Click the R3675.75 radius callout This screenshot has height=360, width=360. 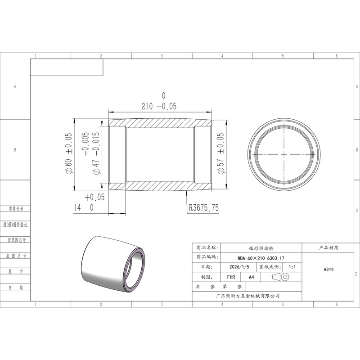tap(204, 208)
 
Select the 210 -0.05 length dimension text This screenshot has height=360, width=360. tap(159, 106)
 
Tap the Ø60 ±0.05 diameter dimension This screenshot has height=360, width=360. tap(68, 153)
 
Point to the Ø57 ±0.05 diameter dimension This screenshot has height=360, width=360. tap(220, 153)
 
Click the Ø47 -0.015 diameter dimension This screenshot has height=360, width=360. tap(96, 153)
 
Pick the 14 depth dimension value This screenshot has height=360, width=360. tap(77, 208)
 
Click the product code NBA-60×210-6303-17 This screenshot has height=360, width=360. tap(261, 258)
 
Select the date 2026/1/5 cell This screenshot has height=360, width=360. tap(239, 267)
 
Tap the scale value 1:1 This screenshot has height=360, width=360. tap(292, 267)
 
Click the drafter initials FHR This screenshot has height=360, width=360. tap(231, 277)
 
